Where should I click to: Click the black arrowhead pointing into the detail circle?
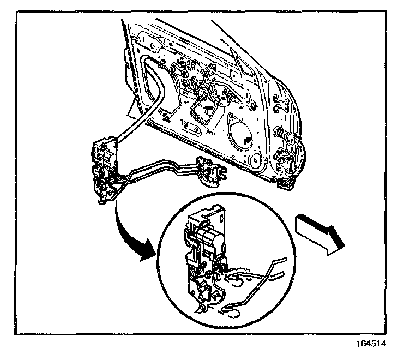(146, 254)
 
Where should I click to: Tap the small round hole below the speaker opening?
(254, 160)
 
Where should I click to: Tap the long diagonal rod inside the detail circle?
(256, 284)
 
